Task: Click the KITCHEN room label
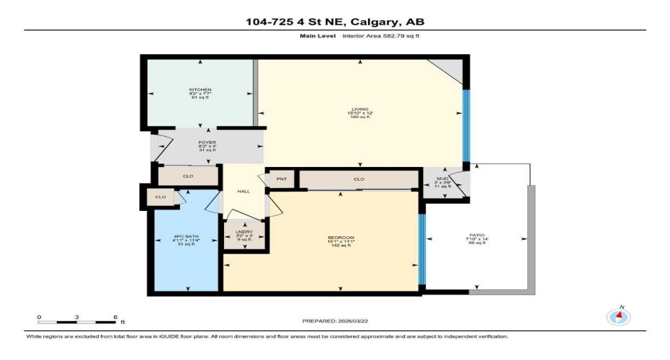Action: pyautogui.click(x=200, y=90)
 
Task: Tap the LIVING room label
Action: pyautogui.click(x=359, y=109)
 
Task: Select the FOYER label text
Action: pyautogui.click(x=207, y=143)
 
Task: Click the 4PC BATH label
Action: pyautogui.click(x=187, y=238)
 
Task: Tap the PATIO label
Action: pyautogui.click(x=477, y=235)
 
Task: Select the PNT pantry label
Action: pyautogui.click(x=281, y=179)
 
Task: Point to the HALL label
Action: pyautogui.click(x=244, y=192)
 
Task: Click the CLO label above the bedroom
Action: pyautogui.click(x=358, y=179)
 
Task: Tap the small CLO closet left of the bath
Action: pyautogui.click(x=161, y=196)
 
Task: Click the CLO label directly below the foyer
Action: pyautogui.click(x=187, y=176)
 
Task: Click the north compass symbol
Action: pyautogui.click(x=617, y=315)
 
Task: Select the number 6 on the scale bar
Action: pyautogui.click(x=115, y=317)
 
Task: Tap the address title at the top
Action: pyautogui.click(x=334, y=22)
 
